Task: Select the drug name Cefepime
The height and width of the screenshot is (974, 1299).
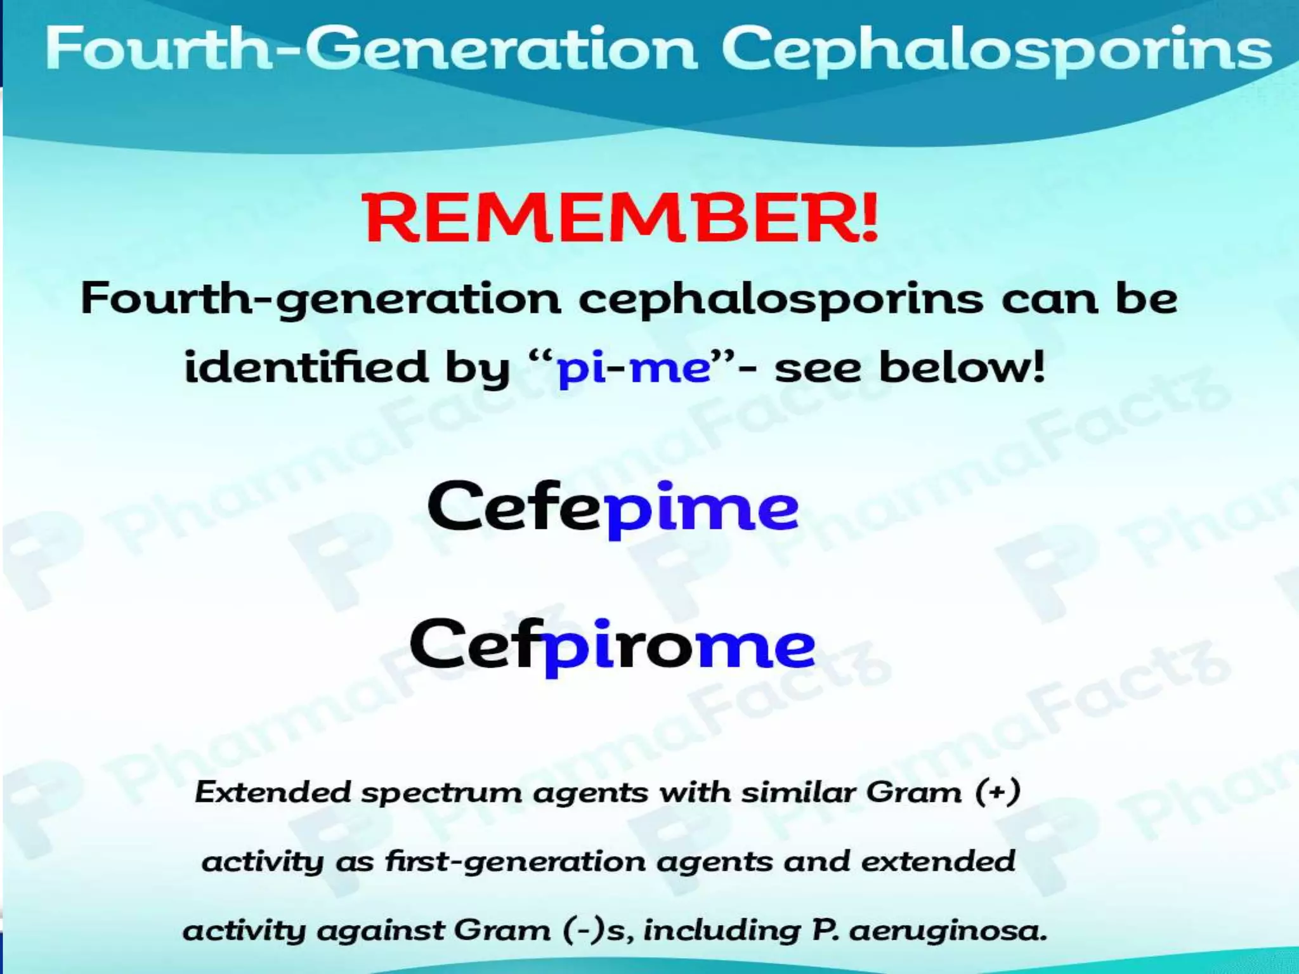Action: [x=613, y=508]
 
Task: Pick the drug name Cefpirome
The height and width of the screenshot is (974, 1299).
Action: [x=613, y=646]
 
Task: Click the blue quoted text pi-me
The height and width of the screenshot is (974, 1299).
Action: [x=633, y=368]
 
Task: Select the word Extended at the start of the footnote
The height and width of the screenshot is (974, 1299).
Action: [x=273, y=792]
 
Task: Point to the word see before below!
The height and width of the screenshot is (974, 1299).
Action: [x=818, y=368]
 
